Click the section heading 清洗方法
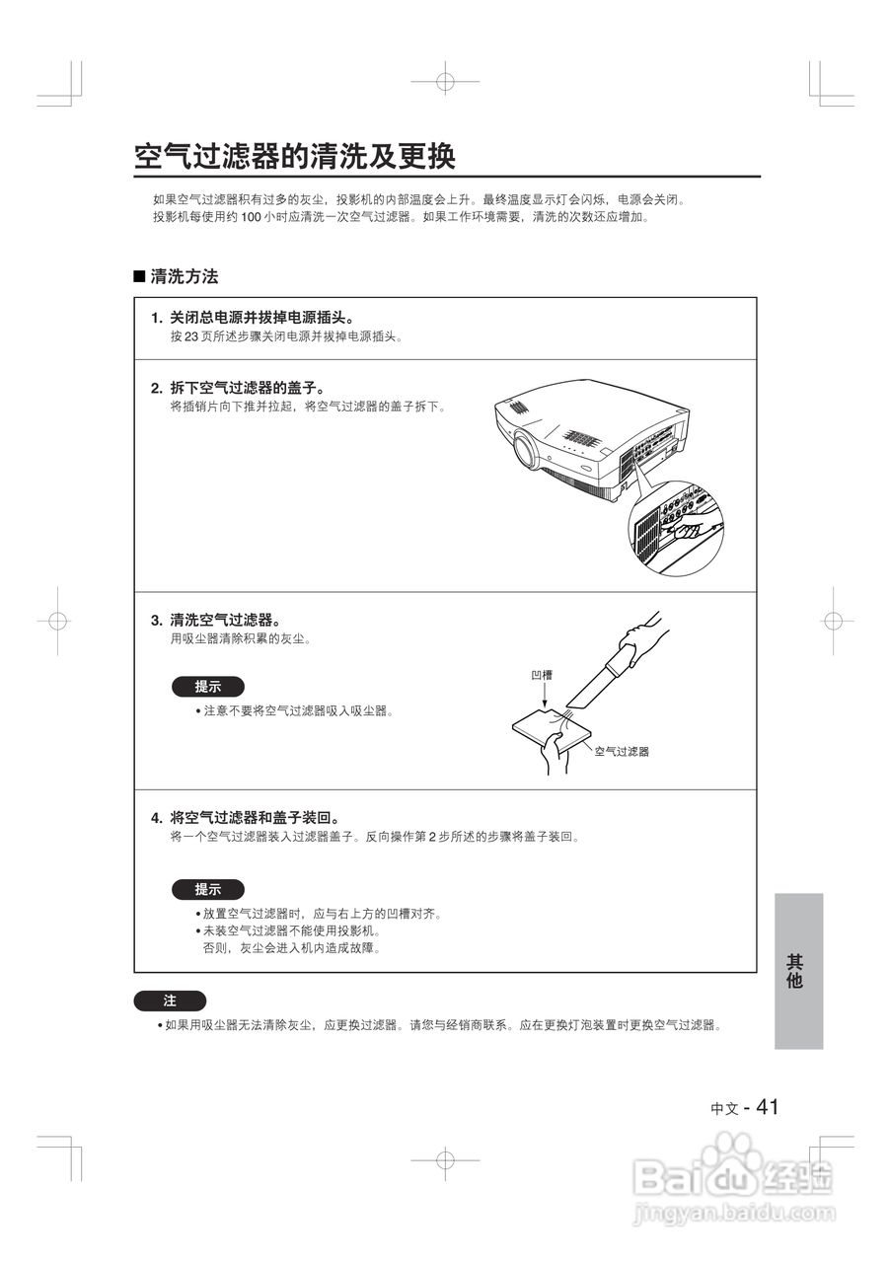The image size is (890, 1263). point(184,277)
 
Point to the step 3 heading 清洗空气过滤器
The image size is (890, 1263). point(226,620)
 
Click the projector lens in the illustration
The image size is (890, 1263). point(526,450)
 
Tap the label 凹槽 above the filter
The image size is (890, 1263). point(542,675)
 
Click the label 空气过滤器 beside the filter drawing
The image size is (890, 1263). point(622,751)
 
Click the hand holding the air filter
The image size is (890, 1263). point(551,754)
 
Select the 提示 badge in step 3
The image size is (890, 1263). point(207,687)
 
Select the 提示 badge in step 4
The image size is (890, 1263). point(207,889)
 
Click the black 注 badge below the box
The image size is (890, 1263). point(170,1001)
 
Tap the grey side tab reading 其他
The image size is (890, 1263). point(797,971)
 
